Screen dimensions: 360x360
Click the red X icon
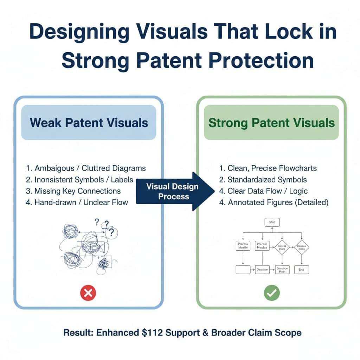click(x=88, y=293)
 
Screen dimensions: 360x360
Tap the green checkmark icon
click(x=272, y=293)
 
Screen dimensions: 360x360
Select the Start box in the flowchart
click(x=272, y=222)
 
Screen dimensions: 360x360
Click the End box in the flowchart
click(x=301, y=270)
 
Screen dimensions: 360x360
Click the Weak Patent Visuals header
click(x=89, y=123)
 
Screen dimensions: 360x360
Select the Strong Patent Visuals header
click(x=271, y=123)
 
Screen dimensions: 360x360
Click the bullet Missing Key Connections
click(x=73, y=191)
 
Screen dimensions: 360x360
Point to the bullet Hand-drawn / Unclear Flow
click(x=77, y=202)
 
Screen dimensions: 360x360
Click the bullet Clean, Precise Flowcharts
click(x=268, y=168)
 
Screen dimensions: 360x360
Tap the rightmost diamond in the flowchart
click(x=301, y=247)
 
